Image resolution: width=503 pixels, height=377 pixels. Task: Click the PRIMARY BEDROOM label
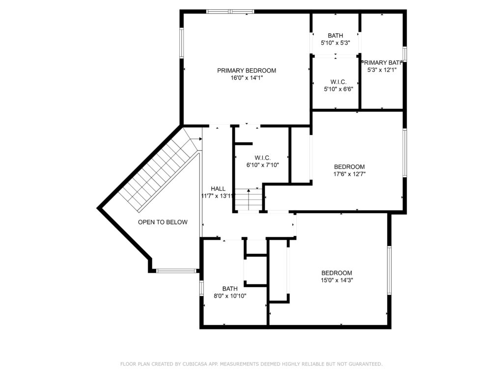click(247, 71)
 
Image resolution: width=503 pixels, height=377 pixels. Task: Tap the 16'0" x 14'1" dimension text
click(247, 78)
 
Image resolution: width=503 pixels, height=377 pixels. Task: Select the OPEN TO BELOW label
click(163, 222)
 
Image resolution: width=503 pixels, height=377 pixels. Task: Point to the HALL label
click(218, 189)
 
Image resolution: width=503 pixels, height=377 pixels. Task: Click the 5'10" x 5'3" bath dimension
click(335, 43)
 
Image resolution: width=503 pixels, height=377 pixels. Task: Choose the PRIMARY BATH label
click(382, 62)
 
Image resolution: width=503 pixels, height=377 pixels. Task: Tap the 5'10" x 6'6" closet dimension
click(338, 89)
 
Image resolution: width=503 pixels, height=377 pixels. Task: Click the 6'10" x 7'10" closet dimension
click(263, 165)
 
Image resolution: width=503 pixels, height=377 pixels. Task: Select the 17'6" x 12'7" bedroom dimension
click(350, 174)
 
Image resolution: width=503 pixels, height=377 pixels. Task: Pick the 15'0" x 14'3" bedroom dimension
click(337, 280)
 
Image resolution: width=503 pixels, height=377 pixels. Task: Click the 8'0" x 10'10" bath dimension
click(230, 296)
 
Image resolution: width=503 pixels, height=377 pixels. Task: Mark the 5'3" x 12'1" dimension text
click(382, 70)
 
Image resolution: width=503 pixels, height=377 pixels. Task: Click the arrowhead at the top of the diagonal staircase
click(200, 139)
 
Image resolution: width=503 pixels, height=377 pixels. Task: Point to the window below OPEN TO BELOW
click(176, 271)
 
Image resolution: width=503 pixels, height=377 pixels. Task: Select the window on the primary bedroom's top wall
click(230, 12)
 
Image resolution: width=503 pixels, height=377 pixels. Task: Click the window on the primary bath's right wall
click(405, 54)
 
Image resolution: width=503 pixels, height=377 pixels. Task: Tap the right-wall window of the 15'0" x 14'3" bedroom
click(390, 270)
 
